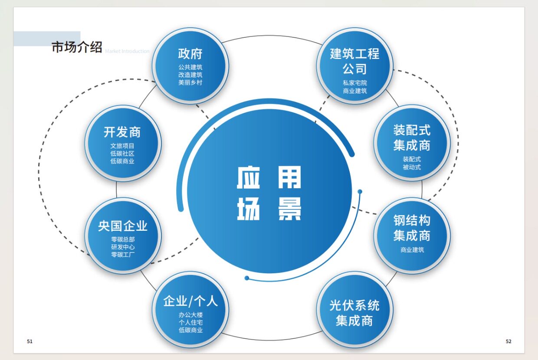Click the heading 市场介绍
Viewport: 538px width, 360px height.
77,47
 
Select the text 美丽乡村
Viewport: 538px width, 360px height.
190,82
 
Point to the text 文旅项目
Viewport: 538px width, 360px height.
122,146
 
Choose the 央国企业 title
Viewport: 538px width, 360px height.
123,226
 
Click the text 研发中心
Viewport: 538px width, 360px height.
123,247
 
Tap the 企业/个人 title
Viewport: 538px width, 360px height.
190,301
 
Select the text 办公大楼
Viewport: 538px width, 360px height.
190,315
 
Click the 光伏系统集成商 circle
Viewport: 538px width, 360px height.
354,313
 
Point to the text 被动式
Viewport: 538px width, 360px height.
412,167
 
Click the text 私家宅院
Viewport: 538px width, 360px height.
355,83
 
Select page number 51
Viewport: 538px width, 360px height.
30,341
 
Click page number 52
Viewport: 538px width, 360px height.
508,341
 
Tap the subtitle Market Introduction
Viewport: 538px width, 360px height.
127,51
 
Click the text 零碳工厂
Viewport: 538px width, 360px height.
123,255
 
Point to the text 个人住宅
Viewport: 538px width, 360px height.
190,322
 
